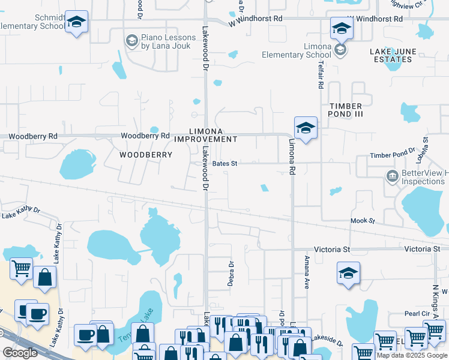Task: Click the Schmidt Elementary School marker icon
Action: click(x=76, y=22)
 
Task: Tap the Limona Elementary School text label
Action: click(x=296, y=51)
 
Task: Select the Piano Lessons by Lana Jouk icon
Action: click(x=131, y=41)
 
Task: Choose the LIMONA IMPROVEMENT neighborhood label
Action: click(x=206, y=135)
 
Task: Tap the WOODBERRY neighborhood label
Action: click(x=146, y=155)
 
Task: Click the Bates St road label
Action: click(x=225, y=163)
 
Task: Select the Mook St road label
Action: click(x=363, y=221)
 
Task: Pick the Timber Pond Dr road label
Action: click(x=393, y=155)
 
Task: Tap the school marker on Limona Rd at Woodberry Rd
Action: click(x=306, y=128)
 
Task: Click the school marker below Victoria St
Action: click(x=348, y=274)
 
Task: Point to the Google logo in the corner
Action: click(x=20, y=353)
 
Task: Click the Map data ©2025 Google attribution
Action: click(x=411, y=355)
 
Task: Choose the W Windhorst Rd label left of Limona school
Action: click(x=256, y=19)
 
